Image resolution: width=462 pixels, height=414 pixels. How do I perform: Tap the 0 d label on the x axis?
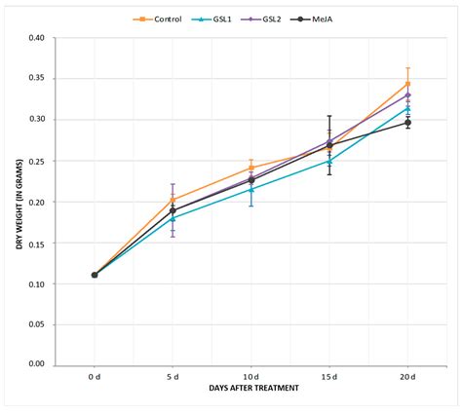coord(95,376)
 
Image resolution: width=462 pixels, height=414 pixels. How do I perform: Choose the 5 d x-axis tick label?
coord(173,376)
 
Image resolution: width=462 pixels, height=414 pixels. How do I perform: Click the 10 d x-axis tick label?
coord(250,376)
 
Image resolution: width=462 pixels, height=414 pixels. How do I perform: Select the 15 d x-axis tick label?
coord(329,376)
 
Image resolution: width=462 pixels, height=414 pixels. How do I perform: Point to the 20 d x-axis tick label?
coord(407,376)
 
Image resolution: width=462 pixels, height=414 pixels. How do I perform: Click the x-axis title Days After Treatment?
coord(250,388)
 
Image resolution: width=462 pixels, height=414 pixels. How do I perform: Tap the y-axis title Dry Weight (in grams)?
coord(19,202)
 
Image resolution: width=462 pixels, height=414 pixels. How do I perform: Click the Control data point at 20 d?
coord(407,84)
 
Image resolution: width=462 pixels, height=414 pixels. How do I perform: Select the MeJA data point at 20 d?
coord(407,123)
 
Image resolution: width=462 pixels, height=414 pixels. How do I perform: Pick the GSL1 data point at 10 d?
coord(251,189)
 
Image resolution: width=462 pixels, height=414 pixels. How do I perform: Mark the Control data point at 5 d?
coord(173,200)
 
